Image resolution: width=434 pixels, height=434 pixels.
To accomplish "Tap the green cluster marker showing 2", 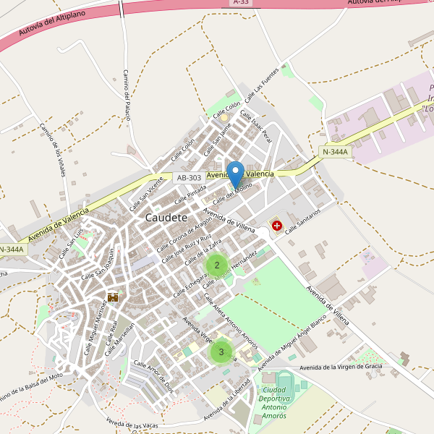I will click(217, 265).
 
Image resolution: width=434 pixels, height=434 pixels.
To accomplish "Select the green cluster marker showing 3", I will click(221, 352).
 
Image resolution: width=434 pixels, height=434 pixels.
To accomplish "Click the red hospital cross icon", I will click(276, 226).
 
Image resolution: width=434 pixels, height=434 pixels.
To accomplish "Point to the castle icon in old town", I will click(113, 297).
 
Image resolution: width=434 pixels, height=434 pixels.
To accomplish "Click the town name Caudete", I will click(166, 217).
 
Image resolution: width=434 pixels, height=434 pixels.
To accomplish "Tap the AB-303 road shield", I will click(189, 177).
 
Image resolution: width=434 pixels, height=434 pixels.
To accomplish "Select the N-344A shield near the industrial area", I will click(335, 152).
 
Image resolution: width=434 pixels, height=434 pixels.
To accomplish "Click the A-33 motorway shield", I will click(242, 3).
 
